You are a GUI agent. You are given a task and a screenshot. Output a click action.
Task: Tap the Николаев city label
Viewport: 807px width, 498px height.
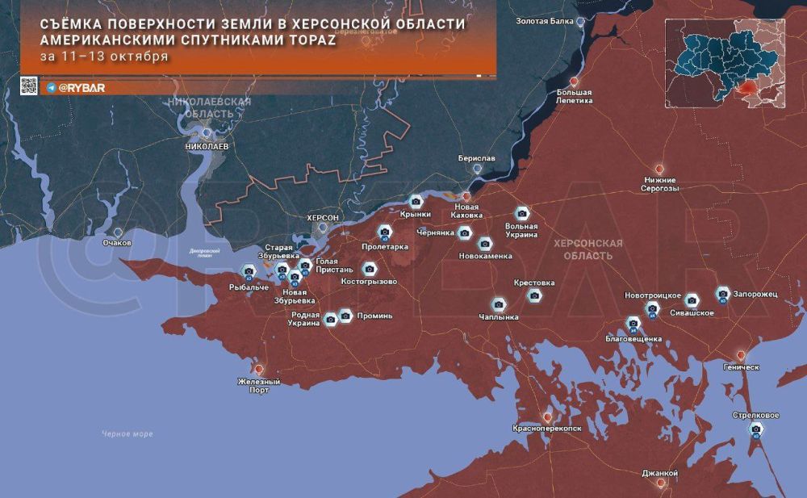click(x=207, y=147)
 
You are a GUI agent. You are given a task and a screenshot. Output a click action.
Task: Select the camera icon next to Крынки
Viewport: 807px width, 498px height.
click(x=416, y=202)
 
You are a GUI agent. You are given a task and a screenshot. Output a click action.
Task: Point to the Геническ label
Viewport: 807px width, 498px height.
click(x=742, y=366)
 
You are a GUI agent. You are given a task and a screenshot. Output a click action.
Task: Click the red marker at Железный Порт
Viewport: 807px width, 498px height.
click(x=260, y=369)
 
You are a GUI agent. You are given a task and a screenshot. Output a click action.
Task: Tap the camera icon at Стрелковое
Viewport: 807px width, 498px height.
click(x=755, y=429)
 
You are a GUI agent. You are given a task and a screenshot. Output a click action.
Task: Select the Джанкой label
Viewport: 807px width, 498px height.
click(x=660, y=472)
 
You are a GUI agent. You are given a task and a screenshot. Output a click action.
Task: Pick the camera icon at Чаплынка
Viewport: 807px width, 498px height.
click(x=499, y=303)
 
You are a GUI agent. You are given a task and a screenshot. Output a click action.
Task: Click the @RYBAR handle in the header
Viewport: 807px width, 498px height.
click(x=82, y=87)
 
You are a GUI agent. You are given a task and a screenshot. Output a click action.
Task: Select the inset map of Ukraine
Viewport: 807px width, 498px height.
click(x=724, y=62)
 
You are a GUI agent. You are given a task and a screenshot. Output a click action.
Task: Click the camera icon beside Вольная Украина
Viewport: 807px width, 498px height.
click(x=522, y=213)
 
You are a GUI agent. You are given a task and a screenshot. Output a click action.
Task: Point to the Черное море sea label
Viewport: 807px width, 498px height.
click(x=128, y=434)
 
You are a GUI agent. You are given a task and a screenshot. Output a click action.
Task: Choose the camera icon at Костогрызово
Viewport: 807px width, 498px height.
click(x=370, y=269)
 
